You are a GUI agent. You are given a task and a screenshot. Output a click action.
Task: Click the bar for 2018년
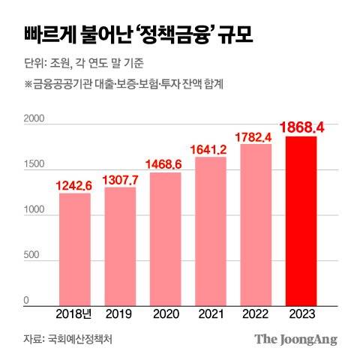click(x=75, y=249)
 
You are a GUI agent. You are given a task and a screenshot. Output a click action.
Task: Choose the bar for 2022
click(x=256, y=224)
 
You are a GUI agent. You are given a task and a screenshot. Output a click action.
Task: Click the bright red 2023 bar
click(x=301, y=220)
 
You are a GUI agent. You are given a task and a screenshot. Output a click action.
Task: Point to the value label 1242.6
click(x=75, y=184)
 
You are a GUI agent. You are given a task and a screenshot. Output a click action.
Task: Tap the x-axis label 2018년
click(x=75, y=314)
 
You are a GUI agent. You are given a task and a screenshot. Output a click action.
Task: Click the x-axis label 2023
click(x=301, y=314)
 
